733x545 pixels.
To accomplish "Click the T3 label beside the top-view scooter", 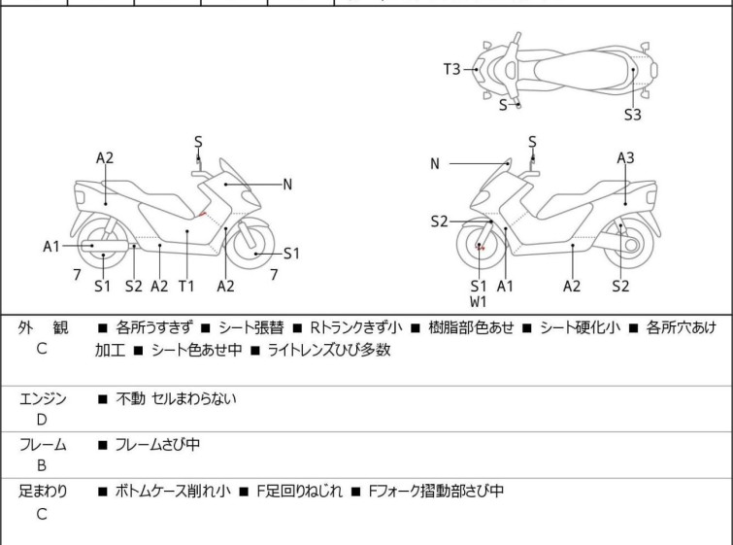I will pos(452,69).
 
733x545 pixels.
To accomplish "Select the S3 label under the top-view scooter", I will pos(632,115).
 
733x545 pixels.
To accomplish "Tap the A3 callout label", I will pos(625,157).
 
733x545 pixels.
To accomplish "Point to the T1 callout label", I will pos(186,286).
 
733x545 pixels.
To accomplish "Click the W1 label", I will pos(479,302).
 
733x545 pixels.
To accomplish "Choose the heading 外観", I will pos(43,328).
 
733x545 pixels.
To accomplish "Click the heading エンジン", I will pos(43,398).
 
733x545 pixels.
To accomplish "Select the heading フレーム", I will pos(43,445).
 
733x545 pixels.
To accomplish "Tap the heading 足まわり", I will pos(43,492).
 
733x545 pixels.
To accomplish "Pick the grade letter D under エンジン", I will pos(42,420).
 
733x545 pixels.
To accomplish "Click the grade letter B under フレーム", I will pos(42,466).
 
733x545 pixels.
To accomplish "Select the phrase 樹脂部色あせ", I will pos(468,328).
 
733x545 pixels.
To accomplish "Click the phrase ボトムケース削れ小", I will pos(173,492).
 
